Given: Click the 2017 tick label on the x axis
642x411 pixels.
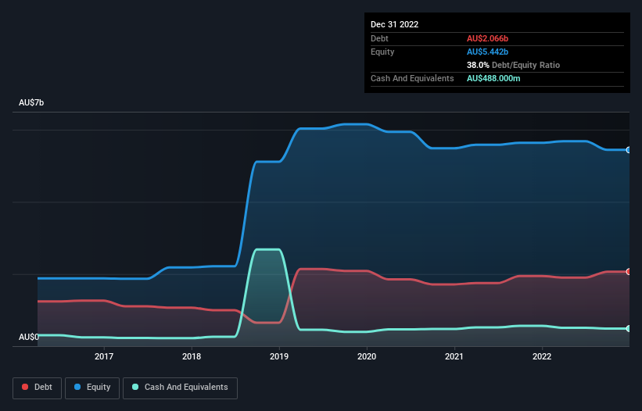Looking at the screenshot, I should (104, 357).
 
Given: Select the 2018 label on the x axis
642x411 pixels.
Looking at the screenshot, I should (192, 357).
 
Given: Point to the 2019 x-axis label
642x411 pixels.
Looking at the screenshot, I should (279, 357).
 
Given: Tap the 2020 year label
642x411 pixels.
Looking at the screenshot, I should (367, 357).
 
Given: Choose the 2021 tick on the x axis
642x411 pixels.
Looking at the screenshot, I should (454, 357).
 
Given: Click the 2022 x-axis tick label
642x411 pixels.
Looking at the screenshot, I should (542, 357).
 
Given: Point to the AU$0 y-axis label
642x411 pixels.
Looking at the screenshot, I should (29, 337).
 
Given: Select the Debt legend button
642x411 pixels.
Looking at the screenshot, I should (37, 388).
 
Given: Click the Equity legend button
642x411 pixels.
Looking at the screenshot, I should (92, 388).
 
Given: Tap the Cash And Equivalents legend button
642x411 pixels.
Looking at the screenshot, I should (180, 388).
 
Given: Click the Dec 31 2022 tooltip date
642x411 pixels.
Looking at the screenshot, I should (394, 24).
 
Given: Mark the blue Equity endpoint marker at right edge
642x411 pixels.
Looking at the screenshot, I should (629, 149).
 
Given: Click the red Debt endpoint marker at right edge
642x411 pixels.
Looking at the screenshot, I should (629, 272).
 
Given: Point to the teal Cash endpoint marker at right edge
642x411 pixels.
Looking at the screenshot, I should (629, 328).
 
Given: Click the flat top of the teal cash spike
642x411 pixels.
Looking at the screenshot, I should (267, 249).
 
